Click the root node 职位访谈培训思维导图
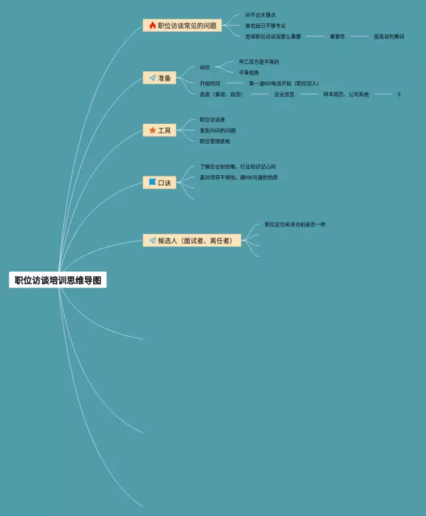coord(58,280)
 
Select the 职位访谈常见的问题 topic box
coord(182,25)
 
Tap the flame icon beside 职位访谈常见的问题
coord(152,25)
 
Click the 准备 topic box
coord(160,78)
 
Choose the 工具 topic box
coord(160,130)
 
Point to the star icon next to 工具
coord(152,130)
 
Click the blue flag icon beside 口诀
coord(152,182)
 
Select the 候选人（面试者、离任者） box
coord(192,240)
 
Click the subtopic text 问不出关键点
coord(260,15)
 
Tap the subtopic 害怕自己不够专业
coord(266,25)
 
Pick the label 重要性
coord(337,37)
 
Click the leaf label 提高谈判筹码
coord(389,37)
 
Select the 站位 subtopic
coord(205,67)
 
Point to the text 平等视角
coord(249,72)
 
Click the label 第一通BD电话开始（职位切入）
coord(284,84)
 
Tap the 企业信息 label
coord(284,95)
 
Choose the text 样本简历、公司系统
coord(346,95)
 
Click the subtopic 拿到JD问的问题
coord(218,130)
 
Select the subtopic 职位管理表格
coord(215,141)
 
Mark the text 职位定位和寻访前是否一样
coord(295,224)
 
